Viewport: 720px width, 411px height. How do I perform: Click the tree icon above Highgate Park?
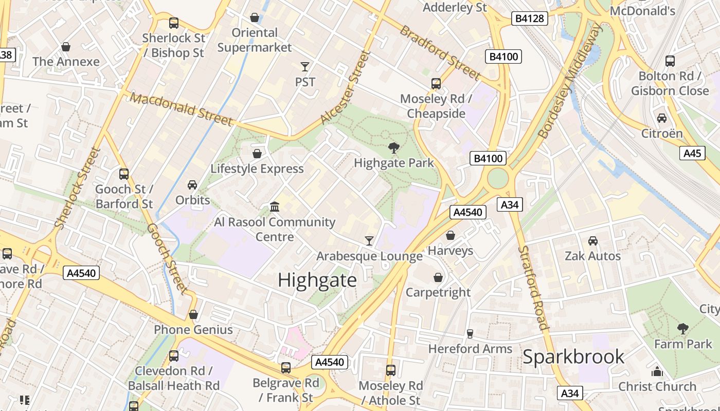[x=394, y=148]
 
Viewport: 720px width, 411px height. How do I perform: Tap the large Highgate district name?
[x=317, y=280]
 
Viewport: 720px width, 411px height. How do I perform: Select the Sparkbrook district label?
[x=573, y=357]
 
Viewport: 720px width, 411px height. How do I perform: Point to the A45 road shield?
[x=692, y=153]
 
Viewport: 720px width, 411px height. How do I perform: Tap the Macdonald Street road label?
[x=181, y=109]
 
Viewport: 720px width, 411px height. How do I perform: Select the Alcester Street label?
[x=346, y=87]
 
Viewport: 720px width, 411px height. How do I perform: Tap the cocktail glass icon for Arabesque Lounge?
[x=369, y=240]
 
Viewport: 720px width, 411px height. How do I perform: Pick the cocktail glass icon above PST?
[x=305, y=67]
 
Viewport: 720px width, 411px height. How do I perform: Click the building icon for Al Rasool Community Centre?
[x=275, y=207]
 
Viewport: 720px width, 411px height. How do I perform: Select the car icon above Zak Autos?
[x=592, y=240]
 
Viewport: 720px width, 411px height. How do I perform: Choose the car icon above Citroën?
[x=662, y=118]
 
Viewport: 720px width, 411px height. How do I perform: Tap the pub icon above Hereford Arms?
[x=470, y=333]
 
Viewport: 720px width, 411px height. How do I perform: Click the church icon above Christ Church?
[x=657, y=371]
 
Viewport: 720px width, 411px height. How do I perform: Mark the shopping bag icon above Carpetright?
[x=438, y=277]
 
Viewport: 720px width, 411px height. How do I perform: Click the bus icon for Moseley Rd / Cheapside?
[x=436, y=83]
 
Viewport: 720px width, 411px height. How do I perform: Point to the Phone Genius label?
[x=193, y=330]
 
